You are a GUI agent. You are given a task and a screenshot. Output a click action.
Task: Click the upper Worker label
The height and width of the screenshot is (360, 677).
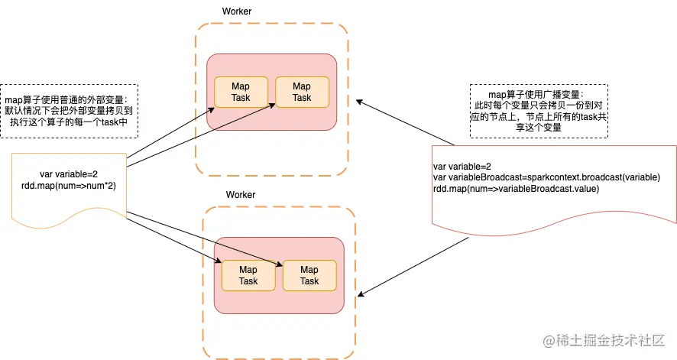(x=236, y=11)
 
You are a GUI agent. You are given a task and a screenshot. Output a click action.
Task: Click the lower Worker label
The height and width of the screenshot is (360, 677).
(x=240, y=195)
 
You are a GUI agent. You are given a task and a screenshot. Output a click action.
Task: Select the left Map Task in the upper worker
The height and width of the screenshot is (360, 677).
(x=241, y=92)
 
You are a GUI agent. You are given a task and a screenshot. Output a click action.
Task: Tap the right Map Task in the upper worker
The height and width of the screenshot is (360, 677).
(x=302, y=92)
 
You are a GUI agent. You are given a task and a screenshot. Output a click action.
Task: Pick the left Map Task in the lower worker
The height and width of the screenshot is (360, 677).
(x=248, y=275)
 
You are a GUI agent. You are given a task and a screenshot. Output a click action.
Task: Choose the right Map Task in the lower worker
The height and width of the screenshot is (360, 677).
(x=309, y=275)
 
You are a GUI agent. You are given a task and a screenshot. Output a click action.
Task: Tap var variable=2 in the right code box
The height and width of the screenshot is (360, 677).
(x=462, y=166)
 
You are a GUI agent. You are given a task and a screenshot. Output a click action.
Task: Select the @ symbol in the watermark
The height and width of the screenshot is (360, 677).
(x=547, y=339)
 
